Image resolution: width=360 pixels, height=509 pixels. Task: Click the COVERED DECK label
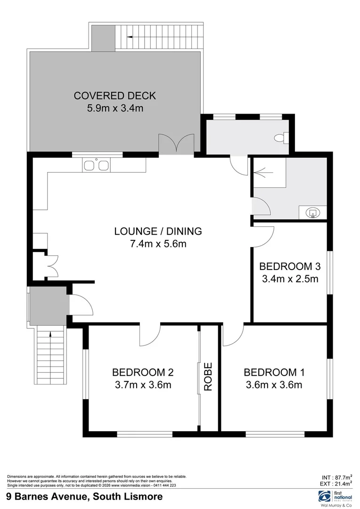click(x=115, y=96)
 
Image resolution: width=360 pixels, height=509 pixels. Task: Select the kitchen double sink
click(x=96, y=165)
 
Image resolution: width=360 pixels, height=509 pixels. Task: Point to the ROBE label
click(x=208, y=377)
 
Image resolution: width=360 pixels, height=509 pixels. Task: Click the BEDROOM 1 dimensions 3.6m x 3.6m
click(x=274, y=385)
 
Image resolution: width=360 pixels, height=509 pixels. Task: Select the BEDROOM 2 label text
click(x=143, y=372)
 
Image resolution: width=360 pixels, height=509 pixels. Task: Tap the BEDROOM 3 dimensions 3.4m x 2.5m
click(x=290, y=279)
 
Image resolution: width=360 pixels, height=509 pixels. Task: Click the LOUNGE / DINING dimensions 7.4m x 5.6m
click(x=158, y=244)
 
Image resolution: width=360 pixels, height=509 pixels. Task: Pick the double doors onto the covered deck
click(x=176, y=144)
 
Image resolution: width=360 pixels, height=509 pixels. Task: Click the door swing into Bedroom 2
click(x=150, y=335)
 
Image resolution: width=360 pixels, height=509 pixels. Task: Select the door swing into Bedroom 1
click(x=232, y=335)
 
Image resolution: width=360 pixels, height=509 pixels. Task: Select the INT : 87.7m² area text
click(x=336, y=476)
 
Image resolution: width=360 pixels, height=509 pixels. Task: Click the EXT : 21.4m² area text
click(x=336, y=484)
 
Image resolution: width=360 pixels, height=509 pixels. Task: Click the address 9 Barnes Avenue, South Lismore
click(x=85, y=497)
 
